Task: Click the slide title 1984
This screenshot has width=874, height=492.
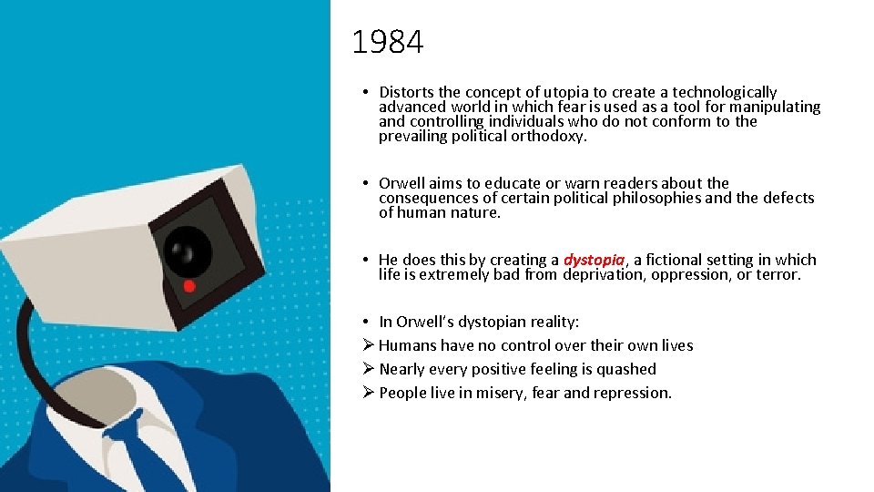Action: [x=387, y=42]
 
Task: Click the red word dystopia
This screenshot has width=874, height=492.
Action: [x=595, y=261]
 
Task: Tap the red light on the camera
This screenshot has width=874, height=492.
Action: [x=189, y=285]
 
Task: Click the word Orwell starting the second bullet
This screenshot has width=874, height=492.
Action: [x=401, y=183]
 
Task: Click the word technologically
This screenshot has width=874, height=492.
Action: [x=725, y=92]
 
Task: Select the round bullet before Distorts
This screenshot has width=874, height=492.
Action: [x=363, y=92]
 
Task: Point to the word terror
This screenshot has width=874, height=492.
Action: [x=778, y=274]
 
